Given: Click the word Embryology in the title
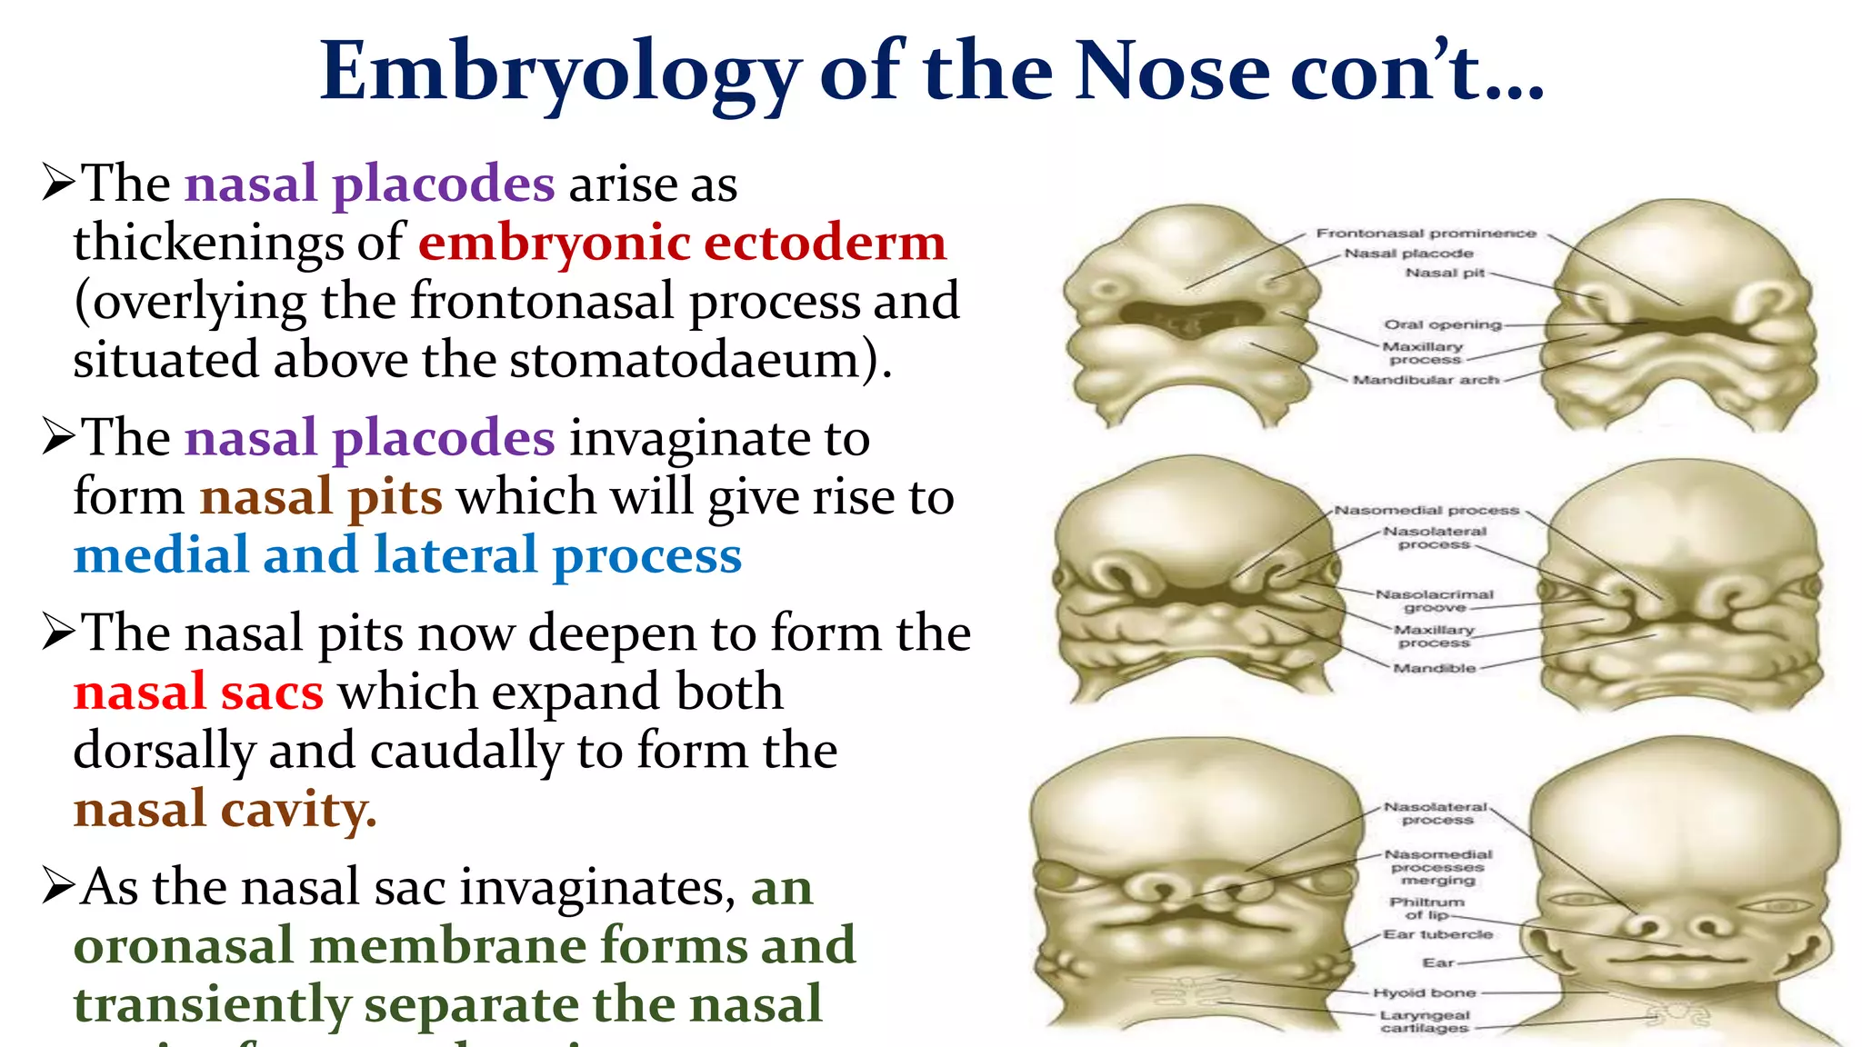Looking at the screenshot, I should tap(560, 73).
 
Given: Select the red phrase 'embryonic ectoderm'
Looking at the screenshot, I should tap(682, 243).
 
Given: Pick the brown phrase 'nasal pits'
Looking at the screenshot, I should tap(321, 497).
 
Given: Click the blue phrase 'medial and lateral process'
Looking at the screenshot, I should tap(407, 555).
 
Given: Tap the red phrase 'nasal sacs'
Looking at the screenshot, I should tap(198, 693).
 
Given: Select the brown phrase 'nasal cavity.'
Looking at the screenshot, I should tap(225, 809).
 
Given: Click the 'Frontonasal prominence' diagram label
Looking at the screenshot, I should tap(1426, 234).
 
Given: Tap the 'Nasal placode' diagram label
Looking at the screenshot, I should tap(1408, 254).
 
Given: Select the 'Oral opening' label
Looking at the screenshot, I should tap(1442, 324).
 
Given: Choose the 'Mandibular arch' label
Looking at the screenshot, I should tap(1426, 380).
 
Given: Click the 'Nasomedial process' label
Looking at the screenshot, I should tap(1427, 511).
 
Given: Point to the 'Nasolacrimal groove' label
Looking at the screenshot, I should tap(1434, 601).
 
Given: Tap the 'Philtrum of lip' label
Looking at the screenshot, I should tap(1427, 908).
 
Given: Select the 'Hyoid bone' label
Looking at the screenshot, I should tap(1424, 993).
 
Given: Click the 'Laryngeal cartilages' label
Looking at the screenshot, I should tap(1424, 1022).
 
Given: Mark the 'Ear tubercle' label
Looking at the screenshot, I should tap(1437, 934).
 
